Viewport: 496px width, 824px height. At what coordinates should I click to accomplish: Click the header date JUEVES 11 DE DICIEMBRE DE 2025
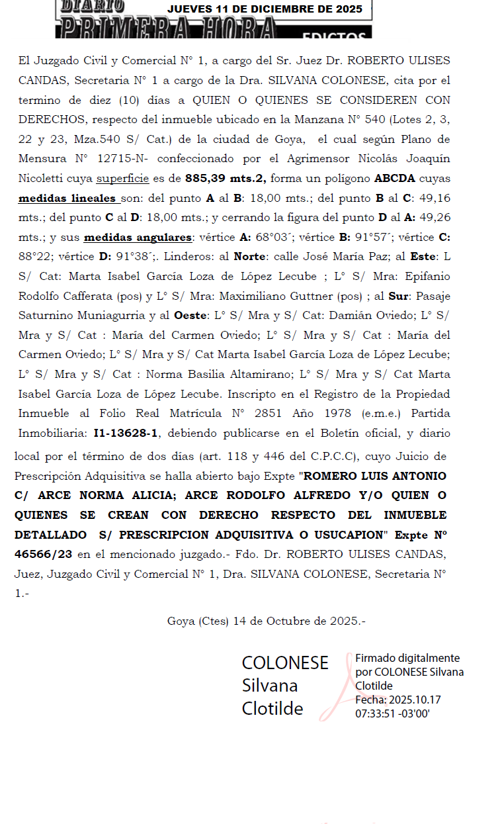click(x=265, y=9)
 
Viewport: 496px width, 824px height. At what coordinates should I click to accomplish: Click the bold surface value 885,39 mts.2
click(x=226, y=178)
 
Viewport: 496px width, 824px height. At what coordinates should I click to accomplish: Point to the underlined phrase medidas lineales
click(x=69, y=198)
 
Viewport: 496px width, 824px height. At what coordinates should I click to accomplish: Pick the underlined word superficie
click(x=122, y=178)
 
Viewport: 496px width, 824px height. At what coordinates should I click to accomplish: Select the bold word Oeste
click(x=191, y=316)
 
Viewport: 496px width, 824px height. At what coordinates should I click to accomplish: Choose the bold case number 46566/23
click(x=44, y=553)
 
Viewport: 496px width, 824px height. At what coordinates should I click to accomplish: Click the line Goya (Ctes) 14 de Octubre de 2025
click(x=267, y=621)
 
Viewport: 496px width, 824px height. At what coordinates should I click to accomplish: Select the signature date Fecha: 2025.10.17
click(x=398, y=700)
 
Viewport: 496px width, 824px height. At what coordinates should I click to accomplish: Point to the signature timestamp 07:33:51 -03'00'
click(x=392, y=713)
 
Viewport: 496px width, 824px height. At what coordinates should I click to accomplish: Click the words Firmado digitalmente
click(x=407, y=658)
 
